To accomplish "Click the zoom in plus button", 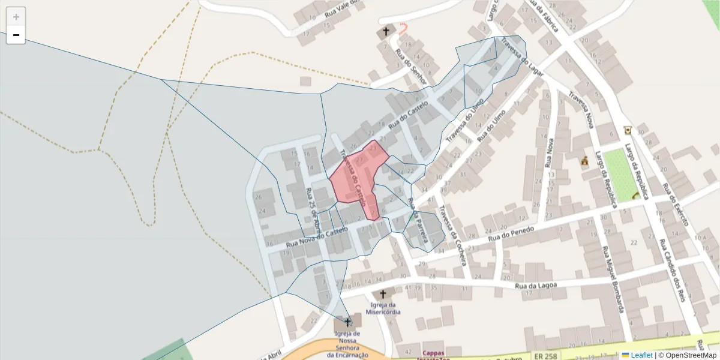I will point(16,17).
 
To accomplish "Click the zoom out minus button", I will point(16,35).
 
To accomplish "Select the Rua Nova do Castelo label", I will point(317,237).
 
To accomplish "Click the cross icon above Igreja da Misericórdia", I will point(383,295).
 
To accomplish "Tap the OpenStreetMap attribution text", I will point(687,355).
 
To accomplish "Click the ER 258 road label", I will point(545,356).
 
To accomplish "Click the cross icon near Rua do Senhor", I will point(385,31).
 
